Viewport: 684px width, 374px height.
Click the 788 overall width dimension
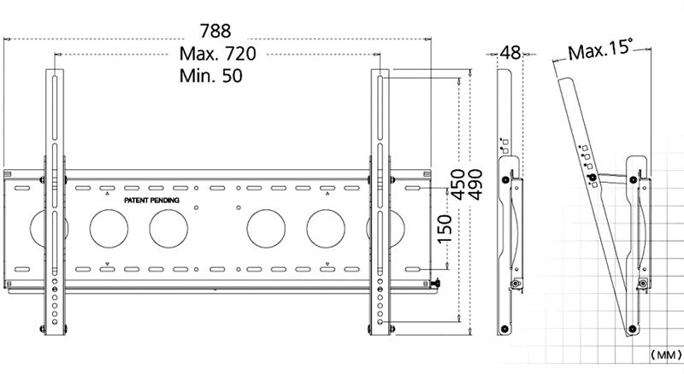(215, 31)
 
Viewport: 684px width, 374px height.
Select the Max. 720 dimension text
(218, 54)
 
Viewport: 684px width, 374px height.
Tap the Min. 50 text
(210, 76)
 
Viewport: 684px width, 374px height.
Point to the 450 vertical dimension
(457, 184)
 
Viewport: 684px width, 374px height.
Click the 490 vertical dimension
(475, 184)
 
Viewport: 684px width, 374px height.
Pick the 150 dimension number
(445, 230)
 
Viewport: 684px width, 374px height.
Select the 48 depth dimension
(510, 53)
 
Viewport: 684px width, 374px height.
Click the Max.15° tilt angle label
(600, 50)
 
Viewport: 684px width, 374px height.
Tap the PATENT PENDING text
(152, 201)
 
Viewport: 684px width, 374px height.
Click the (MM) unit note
(666, 355)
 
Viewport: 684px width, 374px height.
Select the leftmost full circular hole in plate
(109, 228)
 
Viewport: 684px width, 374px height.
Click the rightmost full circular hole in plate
(326, 228)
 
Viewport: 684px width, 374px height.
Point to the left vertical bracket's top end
(55, 70)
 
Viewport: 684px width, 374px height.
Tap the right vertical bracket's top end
(380, 70)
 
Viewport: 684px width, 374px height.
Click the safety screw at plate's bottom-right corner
(435, 284)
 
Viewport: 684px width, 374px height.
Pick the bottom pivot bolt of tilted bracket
(632, 328)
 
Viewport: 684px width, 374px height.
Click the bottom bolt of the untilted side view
(504, 328)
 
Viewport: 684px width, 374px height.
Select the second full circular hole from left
(168, 228)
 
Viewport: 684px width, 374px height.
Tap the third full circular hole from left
(266, 228)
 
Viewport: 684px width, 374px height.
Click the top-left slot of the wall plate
(22, 189)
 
